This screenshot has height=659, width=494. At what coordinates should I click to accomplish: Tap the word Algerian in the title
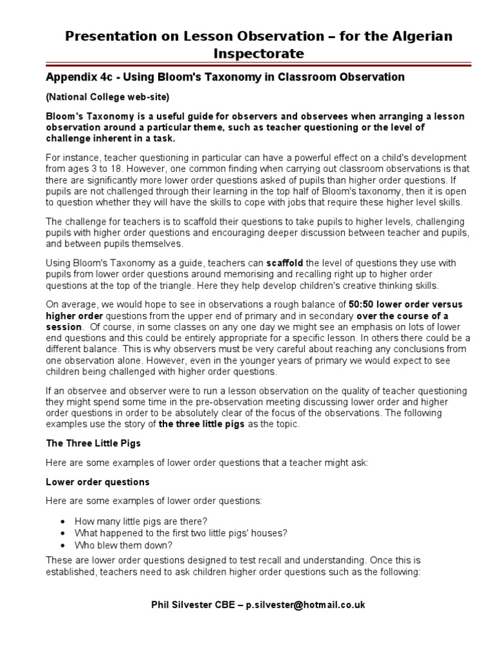(417, 35)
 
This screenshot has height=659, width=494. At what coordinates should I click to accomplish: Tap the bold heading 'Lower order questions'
(97, 481)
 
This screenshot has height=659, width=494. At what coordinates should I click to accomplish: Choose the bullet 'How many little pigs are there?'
(141, 521)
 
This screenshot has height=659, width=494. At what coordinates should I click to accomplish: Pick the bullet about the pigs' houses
(181, 533)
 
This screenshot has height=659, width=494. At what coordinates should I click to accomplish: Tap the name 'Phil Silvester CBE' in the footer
(192, 604)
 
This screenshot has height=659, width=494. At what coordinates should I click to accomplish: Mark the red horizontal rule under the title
(247, 64)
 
